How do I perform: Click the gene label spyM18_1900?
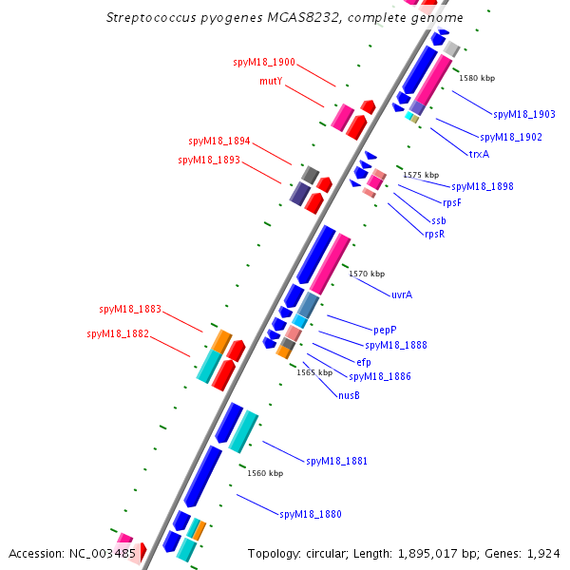(264, 63)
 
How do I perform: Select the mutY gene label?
(271, 82)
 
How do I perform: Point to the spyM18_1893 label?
(209, 160)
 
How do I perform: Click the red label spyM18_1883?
(130, 310)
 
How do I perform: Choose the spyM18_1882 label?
(118, 334)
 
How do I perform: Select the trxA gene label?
(479, 154)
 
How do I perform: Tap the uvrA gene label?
(402, 294)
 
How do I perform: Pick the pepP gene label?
(385, 329)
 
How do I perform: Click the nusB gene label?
(349, 395)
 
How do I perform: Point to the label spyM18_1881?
(336, 462)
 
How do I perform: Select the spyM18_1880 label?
(310, 515)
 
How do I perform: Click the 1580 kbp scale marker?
(477, 79)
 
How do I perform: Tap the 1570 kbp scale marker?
(367, 274)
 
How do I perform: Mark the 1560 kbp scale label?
(265, 473)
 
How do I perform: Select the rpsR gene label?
(434, 234)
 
